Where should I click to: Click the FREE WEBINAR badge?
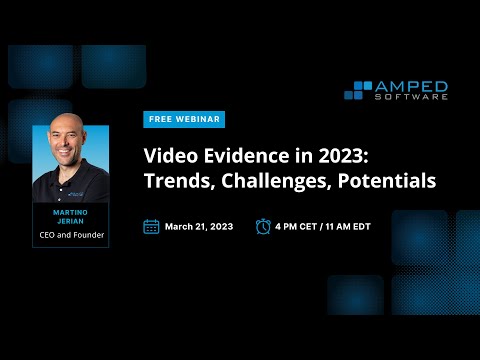click(x=183, y=119)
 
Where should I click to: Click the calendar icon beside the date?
click(x=151, y=226)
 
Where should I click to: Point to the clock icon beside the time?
click(x=263, y=226)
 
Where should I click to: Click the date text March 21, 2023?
click(x=199, y=227)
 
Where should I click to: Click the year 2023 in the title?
click(x=336, y=157)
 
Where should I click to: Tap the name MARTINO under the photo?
click(x=70, y=212)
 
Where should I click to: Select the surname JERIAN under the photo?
click(x=70, y=221)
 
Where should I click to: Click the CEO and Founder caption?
click(x=70, y=235)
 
